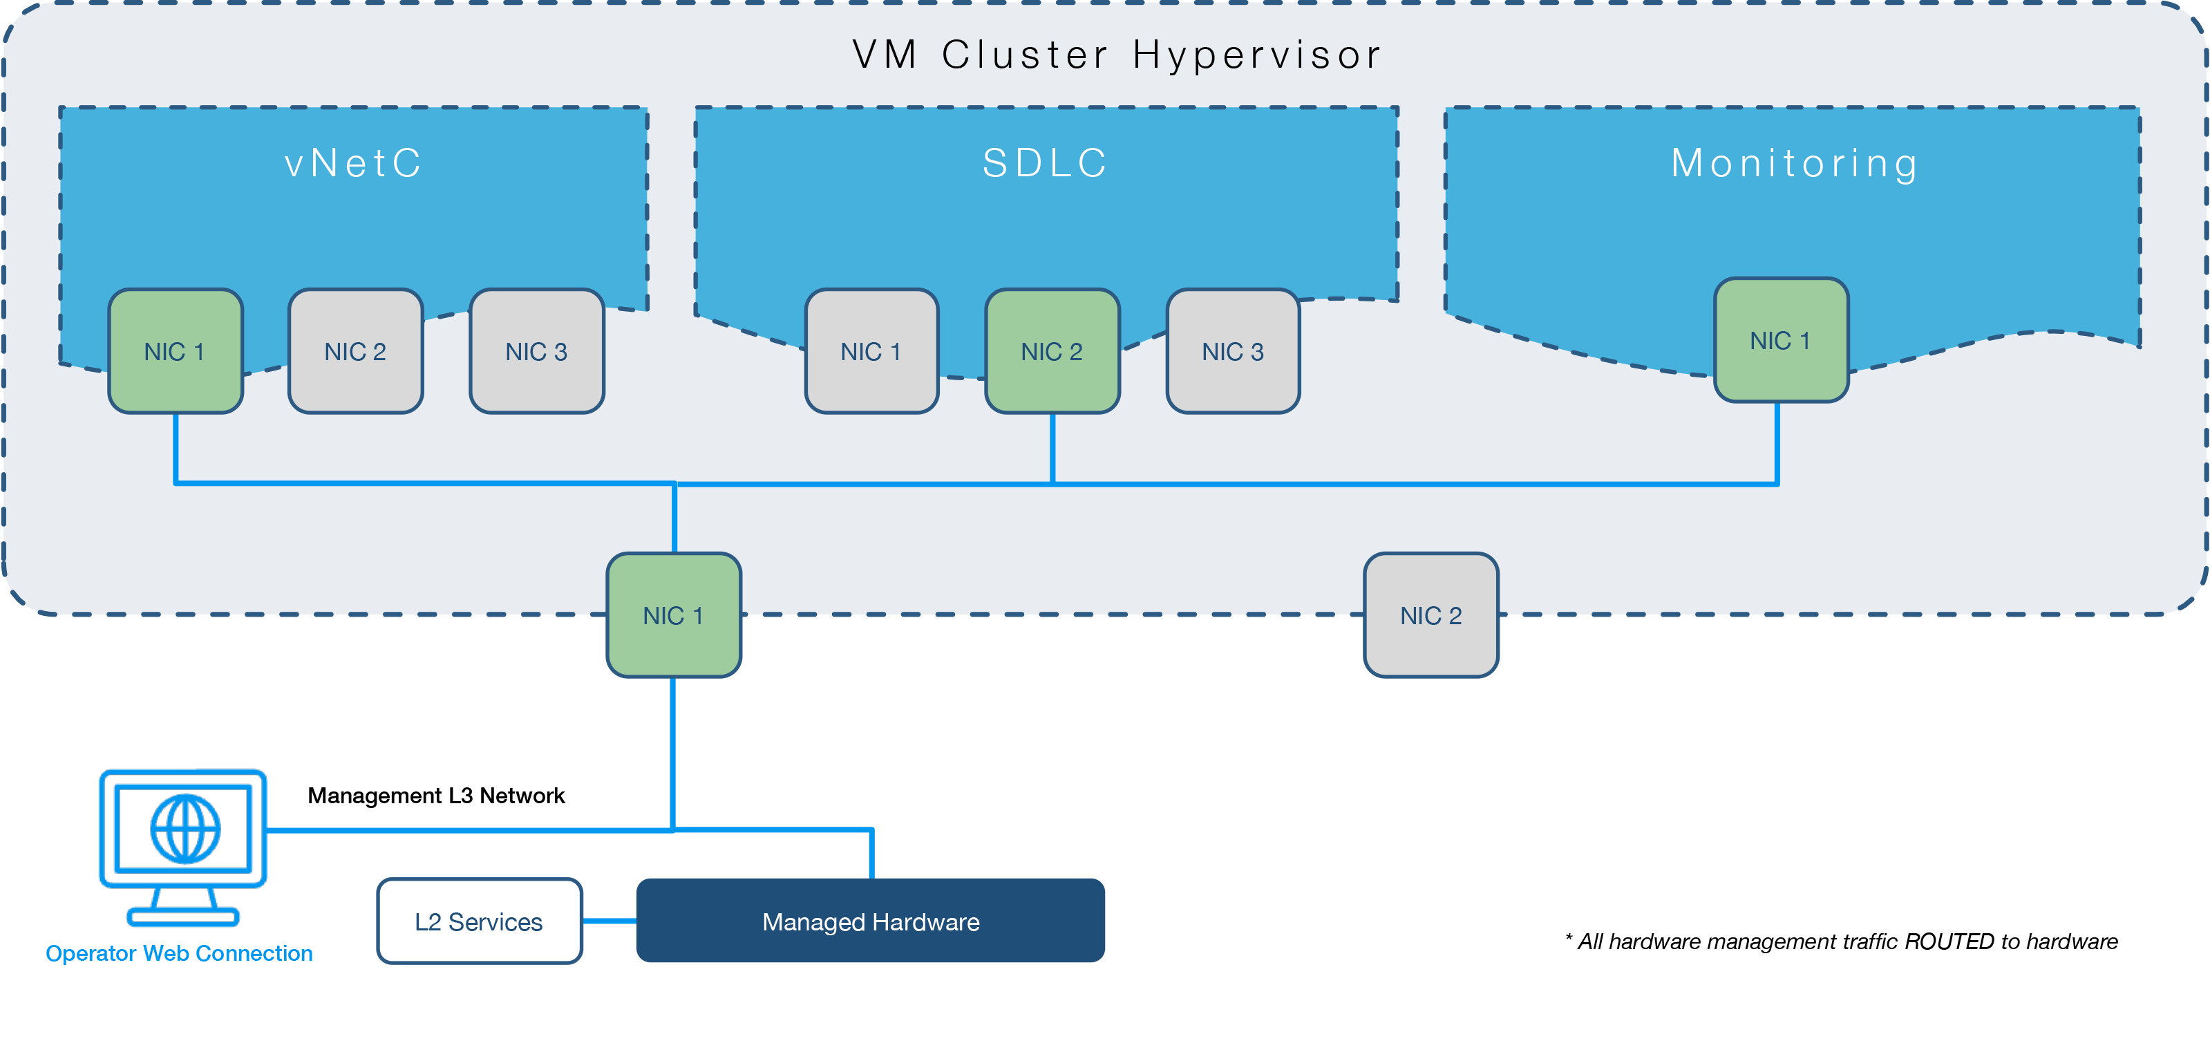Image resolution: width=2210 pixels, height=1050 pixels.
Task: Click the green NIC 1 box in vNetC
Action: (x=175, y=351)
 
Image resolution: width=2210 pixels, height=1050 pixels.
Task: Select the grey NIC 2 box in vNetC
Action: (x=355, y=351)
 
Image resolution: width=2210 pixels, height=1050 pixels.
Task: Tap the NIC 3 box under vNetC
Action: (x=536, y=351)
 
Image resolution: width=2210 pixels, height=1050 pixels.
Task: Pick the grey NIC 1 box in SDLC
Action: (x=871, y=351)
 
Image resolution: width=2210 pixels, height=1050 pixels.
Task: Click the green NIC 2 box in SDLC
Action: (x=1052, y=351)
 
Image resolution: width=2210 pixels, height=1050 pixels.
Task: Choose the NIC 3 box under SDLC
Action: (x=1233, y=351)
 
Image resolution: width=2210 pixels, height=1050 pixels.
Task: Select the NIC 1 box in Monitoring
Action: (x=1780, y=339)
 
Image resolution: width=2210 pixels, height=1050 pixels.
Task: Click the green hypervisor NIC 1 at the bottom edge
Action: (x=674, y=615)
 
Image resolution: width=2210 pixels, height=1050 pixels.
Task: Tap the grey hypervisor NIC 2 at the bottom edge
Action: (x=1430, y=615)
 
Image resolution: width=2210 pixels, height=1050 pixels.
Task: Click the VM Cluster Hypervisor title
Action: (x=1117, y=55)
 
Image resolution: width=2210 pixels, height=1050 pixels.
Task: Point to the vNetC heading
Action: (x=353, y=163)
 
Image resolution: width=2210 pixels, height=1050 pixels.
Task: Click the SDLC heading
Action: (x=1046, y=163)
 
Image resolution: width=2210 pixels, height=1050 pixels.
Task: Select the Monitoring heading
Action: (x=1795, y=163)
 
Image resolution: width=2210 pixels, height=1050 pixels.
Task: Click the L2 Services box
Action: (x=479, y=921)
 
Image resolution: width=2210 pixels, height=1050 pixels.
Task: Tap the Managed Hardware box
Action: (x=870, y=921)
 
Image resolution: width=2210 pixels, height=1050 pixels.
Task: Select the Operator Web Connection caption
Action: (x=178, y=953)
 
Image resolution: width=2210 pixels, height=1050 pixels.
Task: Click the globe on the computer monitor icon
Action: (x=185, y=829)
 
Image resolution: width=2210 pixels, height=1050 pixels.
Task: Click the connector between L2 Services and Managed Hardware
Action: (x=609, y=921)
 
